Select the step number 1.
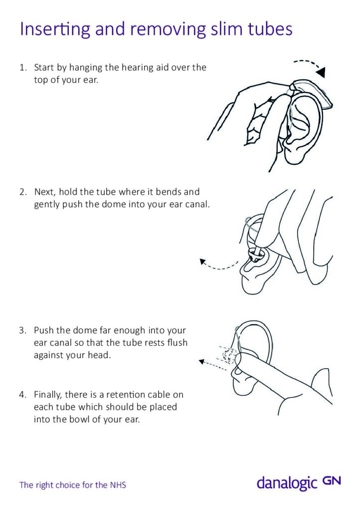(22, 67)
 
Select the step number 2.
(22, 192)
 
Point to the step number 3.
(22, 330)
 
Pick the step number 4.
(22, 394)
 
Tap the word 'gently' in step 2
(46, 205)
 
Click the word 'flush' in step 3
(178, 343)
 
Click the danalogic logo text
(287, 483)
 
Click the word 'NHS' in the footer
(118, 485)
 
